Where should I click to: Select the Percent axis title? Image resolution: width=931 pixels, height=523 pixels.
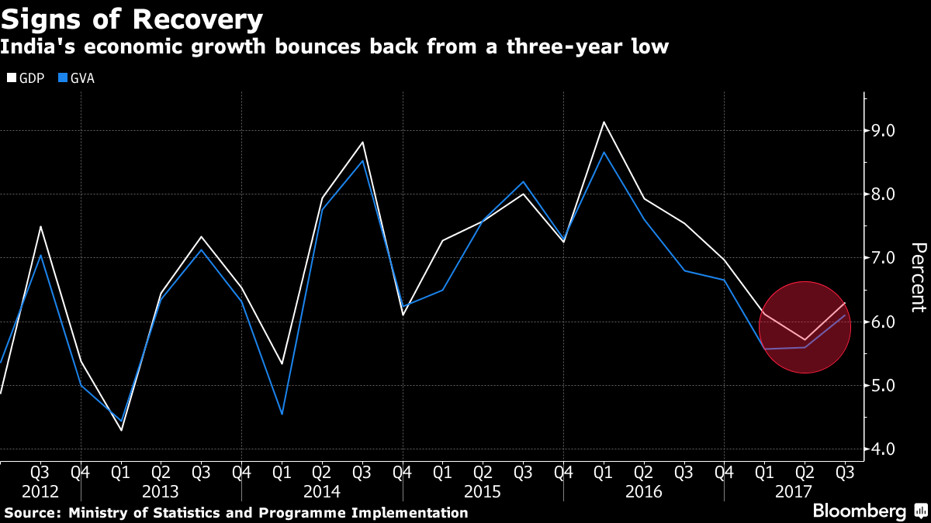(918, 277)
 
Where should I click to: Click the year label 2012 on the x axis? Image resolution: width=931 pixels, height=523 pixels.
(40, 492)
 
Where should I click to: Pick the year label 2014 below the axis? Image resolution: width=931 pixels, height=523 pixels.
(322, 492)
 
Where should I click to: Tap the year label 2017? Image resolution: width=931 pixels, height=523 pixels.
(793, 492)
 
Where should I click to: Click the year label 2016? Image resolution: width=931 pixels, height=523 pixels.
(644, 492)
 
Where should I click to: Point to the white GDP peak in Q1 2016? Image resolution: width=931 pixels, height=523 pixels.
(604, 122)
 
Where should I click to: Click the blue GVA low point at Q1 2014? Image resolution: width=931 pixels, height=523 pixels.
(282, 414)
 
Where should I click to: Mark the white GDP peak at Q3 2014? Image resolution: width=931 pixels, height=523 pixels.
(362, 142)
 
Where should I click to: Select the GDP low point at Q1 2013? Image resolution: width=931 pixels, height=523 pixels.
(121, 430)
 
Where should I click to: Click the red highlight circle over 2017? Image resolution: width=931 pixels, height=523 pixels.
(805, 326)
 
